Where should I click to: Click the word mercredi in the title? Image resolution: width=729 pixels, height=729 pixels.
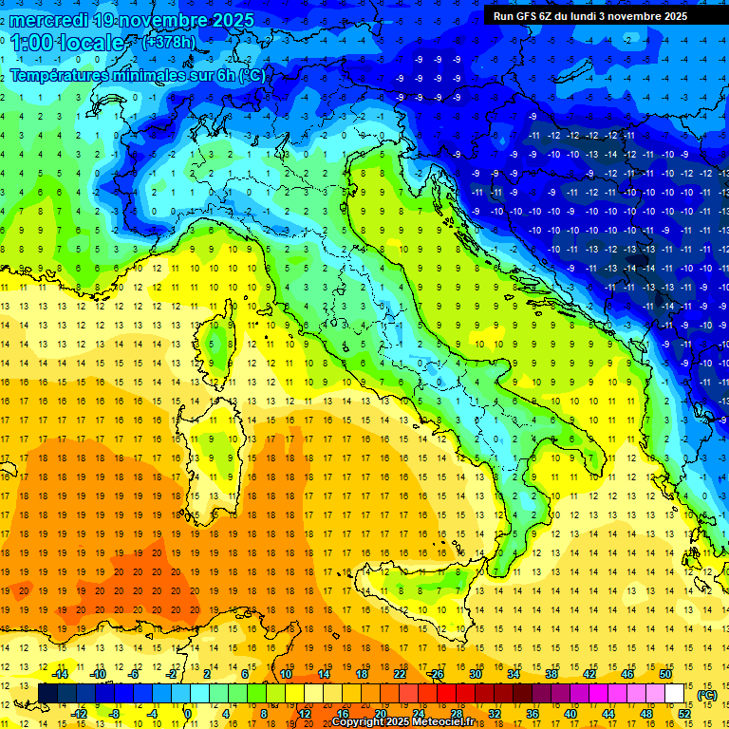pyautogui.click(x=49, y=20)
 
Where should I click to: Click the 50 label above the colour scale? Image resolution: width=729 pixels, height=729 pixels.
pyautogui.click(x=665, y=673)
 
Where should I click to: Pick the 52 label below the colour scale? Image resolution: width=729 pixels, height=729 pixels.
pyautogui.click(x=684, y=714)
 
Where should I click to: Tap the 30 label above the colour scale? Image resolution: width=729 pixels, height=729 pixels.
pyautogui.click(x=476, y=673)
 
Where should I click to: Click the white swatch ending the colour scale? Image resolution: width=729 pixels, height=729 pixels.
pyautogui.click(x=675, y=693)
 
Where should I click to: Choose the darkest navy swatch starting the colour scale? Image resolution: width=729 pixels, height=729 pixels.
pyautogui.click(x=47, y=693)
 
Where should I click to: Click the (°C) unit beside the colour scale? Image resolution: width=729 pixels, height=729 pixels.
pyautogui.click(x=706, y=694)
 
